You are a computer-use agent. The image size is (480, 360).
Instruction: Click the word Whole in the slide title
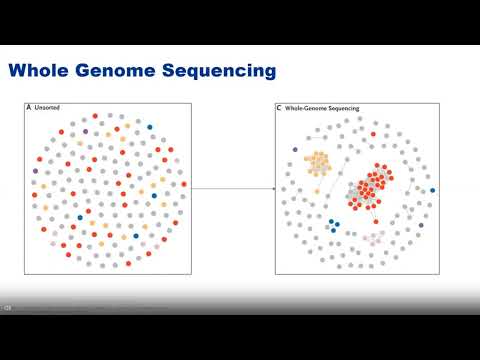tap(42, 71)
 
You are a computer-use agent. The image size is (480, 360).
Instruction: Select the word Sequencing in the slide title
tap(221, 71)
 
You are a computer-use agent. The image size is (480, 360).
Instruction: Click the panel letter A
tap(29, 107)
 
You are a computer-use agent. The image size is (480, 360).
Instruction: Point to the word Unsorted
tap(47, 107)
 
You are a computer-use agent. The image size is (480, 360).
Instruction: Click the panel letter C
tap(280, 107)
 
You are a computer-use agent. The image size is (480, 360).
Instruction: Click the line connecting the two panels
tap(233, 188)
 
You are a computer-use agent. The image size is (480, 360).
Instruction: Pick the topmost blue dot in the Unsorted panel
tap(150, 127)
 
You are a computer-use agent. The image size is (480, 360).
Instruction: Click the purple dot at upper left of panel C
tap(295, 150)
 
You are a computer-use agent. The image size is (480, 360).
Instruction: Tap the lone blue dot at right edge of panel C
tap(432, 190)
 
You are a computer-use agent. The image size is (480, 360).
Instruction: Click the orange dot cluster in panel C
tap(318, 162)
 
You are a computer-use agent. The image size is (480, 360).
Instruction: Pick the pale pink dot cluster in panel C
tap(372, 238)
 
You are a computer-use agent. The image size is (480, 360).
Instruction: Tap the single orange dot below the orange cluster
tap(316, 191)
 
